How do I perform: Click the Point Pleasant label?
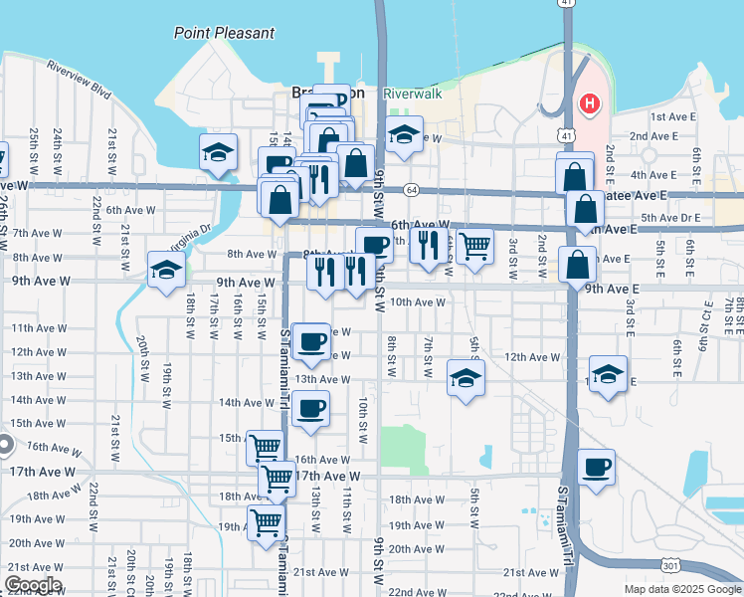pyautogui.click(x=224, y=33)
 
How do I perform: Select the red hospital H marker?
pyautogui.click(x=590, y=102)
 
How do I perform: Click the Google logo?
pyautogui.click(x=33, y=586)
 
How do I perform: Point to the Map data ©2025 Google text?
pyautogui.click(x=681, y=589)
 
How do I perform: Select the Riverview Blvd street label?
pyautogui.click(x=79, y=80)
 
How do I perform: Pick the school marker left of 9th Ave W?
pyautogui.click(x=166, y=269)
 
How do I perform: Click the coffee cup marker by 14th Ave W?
pyautogui.click(x=311, y=408)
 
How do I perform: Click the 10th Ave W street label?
pyautogui.click(x=418, y=301)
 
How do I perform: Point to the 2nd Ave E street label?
pyautogui.click(x=652, y=136)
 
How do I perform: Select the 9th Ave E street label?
pyautogui.click(x=611, y=289)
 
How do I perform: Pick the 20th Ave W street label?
pyautogui.click(x=417, y=549)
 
